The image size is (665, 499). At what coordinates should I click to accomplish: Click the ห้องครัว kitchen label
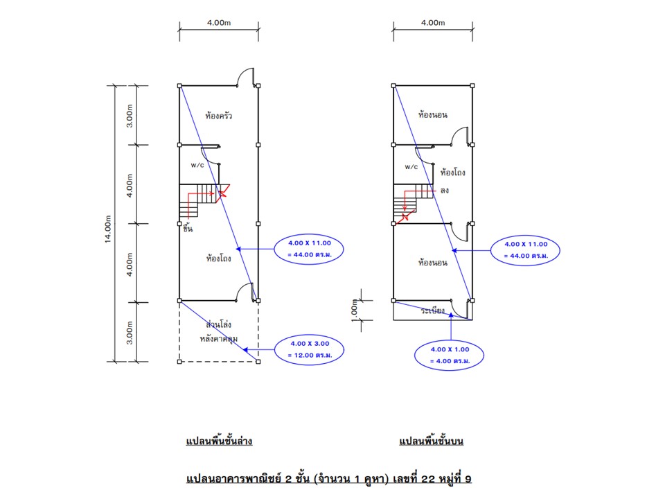(x=218, y=115)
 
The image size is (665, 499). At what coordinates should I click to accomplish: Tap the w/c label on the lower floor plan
(x=197, y=166)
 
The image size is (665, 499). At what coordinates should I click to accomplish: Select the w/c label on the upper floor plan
(x=411, y=167)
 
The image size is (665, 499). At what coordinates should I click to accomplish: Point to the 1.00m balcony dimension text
(x=355, y=310)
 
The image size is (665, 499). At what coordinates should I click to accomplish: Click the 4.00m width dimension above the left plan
(x=219, y=23)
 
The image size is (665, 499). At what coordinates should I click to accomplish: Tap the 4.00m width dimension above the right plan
(x=433, y=23)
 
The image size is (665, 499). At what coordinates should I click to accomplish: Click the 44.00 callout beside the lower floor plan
(x=309, y=248)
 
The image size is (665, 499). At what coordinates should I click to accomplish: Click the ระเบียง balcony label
(x=433, y=311)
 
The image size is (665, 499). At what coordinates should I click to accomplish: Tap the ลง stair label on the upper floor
(x=444, y=189)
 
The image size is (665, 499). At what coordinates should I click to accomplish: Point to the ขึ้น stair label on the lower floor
(x=188, y=229)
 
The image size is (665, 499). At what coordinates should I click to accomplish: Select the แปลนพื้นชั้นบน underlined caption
(x=431, y=441)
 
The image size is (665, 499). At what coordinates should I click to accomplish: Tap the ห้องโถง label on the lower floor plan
(x=218, y=259)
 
